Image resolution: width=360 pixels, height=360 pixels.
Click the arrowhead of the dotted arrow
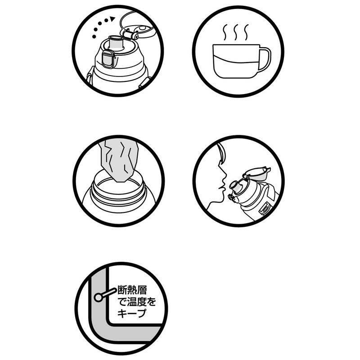point(112,19)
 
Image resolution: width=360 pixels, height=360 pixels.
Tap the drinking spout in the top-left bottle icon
point(117,42)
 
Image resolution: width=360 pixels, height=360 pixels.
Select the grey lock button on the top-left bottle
point(108,59)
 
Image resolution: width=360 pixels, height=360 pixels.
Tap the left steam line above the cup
point(225,32)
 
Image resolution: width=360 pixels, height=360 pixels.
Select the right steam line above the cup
point(247,32)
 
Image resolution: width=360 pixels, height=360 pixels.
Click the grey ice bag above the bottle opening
point(119,161)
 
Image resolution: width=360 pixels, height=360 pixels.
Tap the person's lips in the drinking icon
point(221,187)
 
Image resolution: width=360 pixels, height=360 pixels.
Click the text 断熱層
point(132,290)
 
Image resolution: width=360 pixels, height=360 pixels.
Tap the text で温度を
point(137,301)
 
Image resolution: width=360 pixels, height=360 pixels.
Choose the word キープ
point(132,313)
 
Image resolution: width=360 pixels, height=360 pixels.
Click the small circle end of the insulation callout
point(98,297)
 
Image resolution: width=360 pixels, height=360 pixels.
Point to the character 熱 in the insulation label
point(132,290)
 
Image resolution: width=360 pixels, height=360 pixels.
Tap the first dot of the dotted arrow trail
point(94,36)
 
